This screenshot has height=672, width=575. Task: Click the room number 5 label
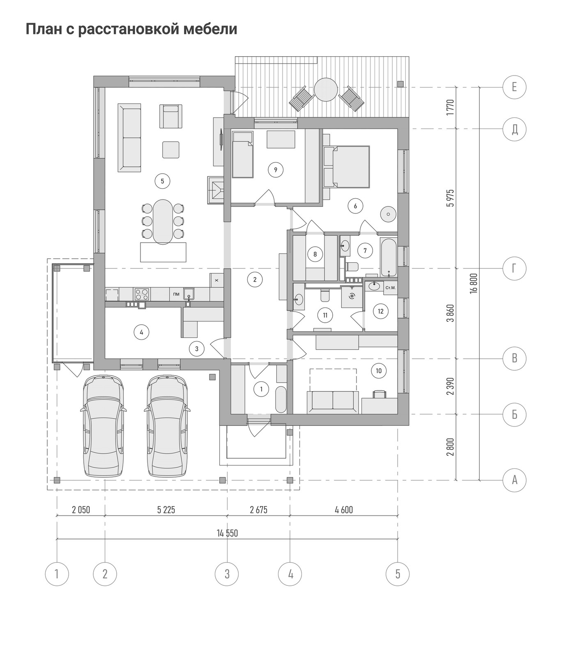[162, 181]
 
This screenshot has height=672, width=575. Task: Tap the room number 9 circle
[276, 170]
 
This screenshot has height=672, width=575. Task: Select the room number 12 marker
[381, 311]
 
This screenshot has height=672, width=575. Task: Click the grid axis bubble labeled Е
[514, 87]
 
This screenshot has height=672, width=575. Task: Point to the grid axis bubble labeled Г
[514, 268]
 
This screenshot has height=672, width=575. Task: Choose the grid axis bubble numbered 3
[227, 573]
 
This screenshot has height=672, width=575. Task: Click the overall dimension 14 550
[227, 533]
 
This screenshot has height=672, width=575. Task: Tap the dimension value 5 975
[451, 198]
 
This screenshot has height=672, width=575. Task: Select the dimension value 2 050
[81, 510]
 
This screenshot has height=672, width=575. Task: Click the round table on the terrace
[326, 89]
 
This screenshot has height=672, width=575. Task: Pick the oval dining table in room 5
[163, 222]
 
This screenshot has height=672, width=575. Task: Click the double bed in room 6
[347, 167]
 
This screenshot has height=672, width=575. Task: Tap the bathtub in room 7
[388, 257]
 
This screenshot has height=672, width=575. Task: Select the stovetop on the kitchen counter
[142, 294]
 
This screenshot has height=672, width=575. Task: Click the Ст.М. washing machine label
[390, 288]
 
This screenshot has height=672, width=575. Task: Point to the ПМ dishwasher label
[176, 294]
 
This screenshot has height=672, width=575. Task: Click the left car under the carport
[103, 426]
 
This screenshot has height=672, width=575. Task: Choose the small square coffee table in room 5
[171, 149]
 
